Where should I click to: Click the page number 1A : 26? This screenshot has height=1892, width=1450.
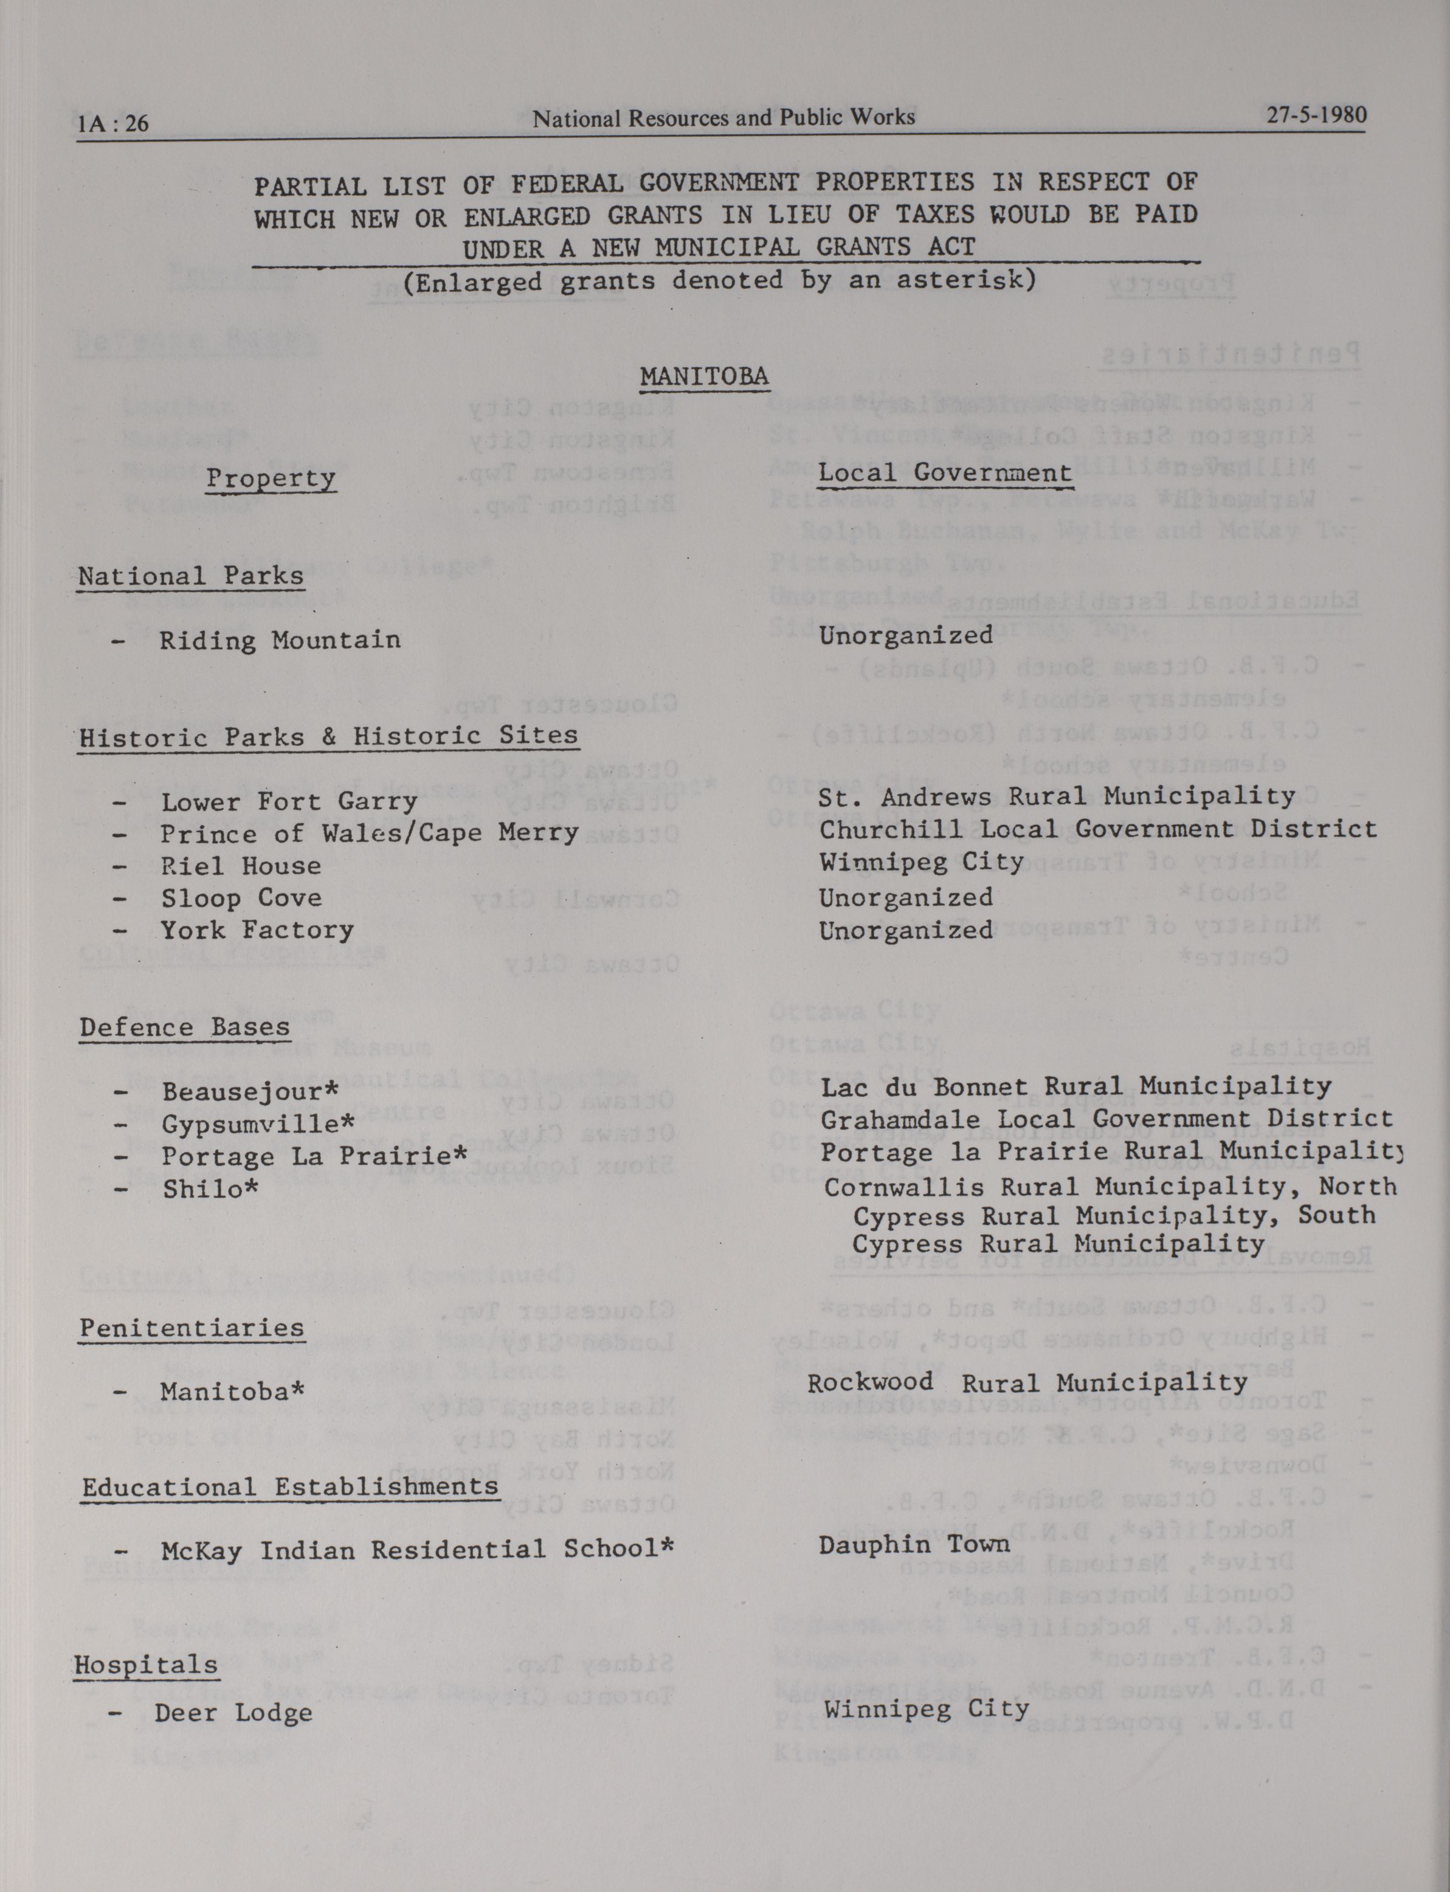pyautogui.click(x=112, y=124)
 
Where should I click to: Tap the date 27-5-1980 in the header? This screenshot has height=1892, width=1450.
pyautogui.click(x=1316, y=116)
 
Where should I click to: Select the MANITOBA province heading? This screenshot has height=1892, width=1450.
pyautogui.click(x=704, y=376)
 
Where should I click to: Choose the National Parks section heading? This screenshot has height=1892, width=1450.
pyautogui.click(x=191, y=576)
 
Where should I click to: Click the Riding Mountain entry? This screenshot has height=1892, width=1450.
pyautogui.click(x=280, y=640)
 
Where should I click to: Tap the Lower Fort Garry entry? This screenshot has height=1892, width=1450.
pyautogui.click(x=289, y=802)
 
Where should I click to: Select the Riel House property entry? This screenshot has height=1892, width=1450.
pyautogui.click(x=241, y=866)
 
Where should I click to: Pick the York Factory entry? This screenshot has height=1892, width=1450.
pyautogui.click(x=257, y=930)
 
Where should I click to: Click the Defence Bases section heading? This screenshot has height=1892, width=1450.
pyautogui.click(x=185, y=1027)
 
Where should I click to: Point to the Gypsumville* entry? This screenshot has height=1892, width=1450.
pyautogui.click(x=258, y=1124)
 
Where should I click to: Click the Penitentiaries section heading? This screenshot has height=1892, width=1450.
pyautogui.click(x=192, y=1328)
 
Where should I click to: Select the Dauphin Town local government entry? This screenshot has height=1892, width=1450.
pyautogui.click(x=914, y=1544)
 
